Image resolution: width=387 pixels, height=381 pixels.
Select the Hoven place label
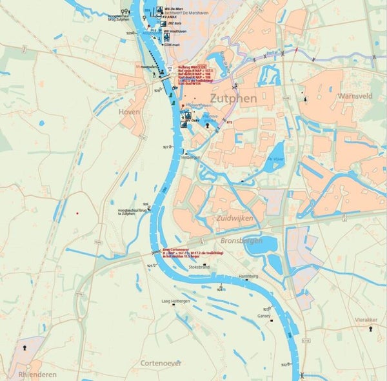coord(129,111)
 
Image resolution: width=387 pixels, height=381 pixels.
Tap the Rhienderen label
coord(37,374)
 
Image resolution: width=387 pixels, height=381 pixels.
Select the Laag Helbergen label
coord(175,301)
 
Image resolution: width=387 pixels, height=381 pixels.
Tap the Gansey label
coord(264,316)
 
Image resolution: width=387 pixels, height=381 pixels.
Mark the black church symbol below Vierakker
coord(371,329)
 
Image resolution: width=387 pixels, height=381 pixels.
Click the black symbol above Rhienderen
coord(26,347)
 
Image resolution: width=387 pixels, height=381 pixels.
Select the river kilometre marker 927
coord(166,147)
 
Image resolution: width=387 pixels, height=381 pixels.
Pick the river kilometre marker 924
coord(221,289)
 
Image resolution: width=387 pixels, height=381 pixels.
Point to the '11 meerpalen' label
coord(146,67)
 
